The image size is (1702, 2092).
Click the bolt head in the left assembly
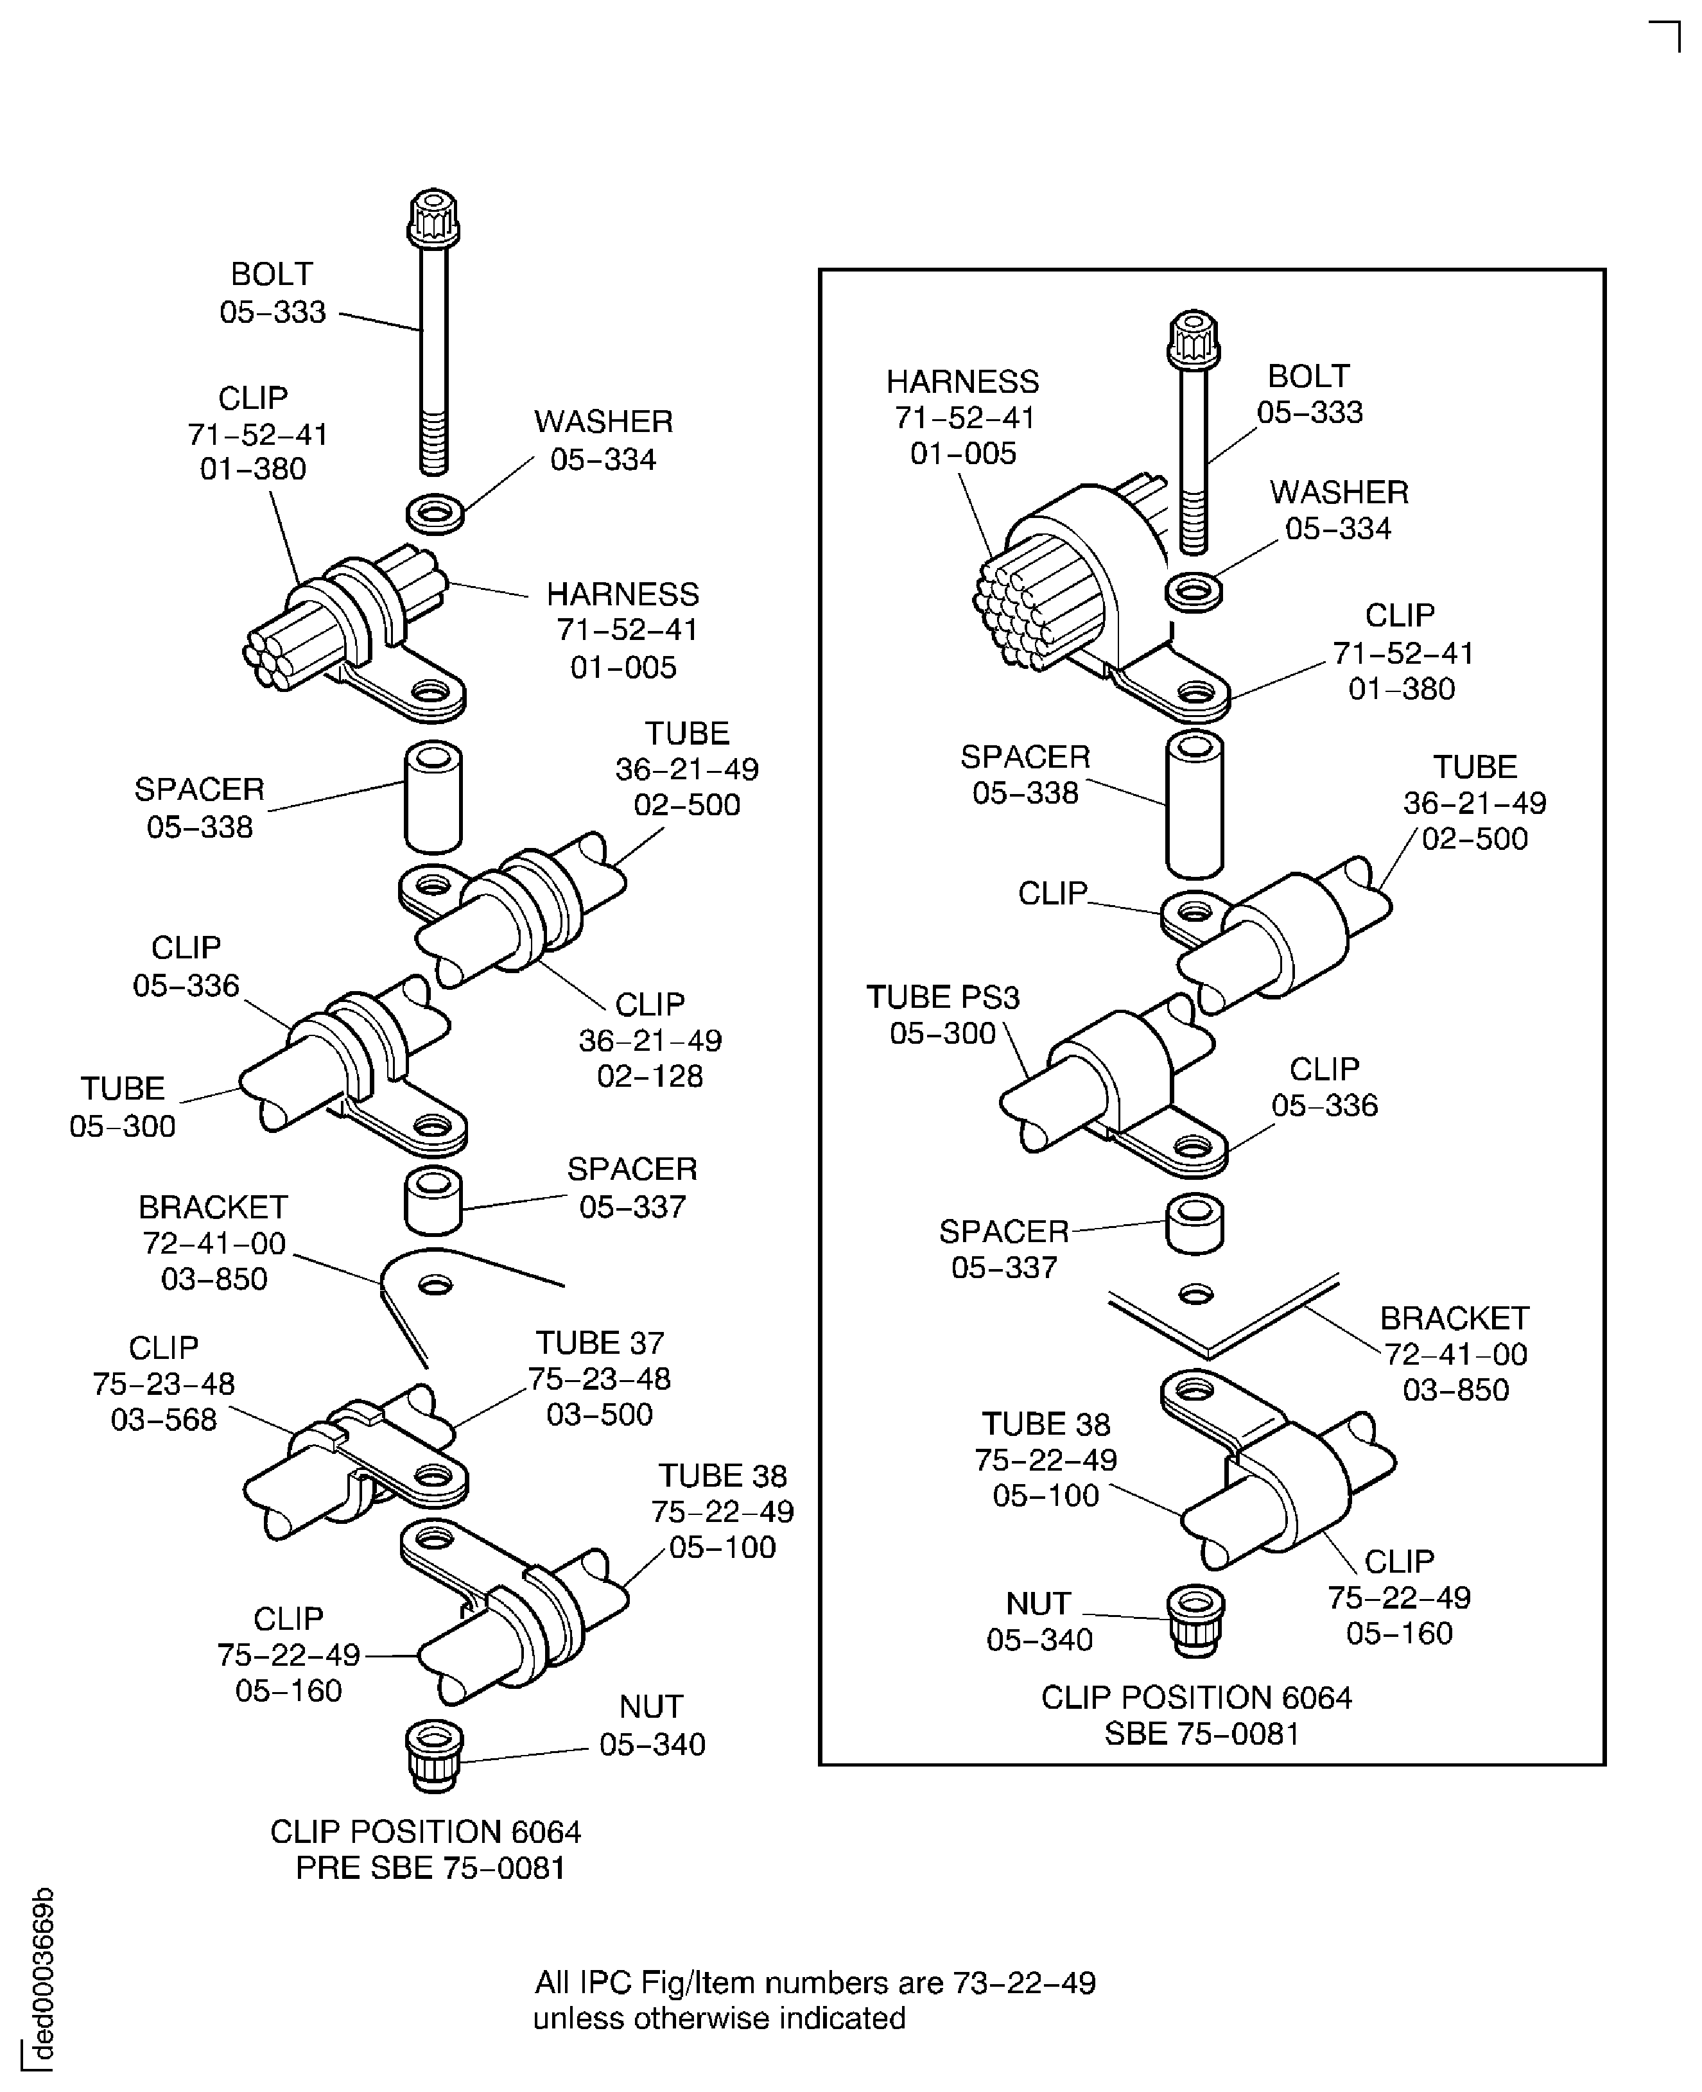click(432, 219)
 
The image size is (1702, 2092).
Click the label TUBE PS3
click(943, 997)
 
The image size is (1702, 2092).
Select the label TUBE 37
click(599, 1342)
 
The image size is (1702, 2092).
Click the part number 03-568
click(164, 1419)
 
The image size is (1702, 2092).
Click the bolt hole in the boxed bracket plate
click(1195, 1294)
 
